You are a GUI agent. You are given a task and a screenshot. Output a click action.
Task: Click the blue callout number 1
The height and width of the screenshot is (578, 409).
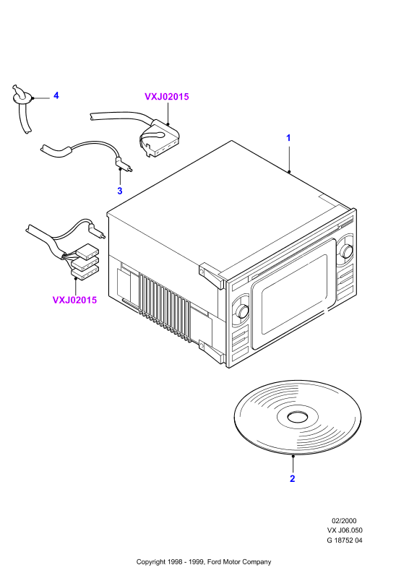coord(288,138)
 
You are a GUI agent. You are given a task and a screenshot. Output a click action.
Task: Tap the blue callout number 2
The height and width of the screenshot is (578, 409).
coord(293,478)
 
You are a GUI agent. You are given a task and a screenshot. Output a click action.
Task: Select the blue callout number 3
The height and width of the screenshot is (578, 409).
coord(119,191)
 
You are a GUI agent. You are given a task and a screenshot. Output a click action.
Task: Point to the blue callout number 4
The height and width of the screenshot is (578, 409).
coord(56,95)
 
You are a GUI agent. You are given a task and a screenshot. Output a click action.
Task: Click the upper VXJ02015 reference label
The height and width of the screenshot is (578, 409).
coord(166,97)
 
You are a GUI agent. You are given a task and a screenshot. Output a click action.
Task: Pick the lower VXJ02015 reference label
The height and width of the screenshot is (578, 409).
coord(74,300)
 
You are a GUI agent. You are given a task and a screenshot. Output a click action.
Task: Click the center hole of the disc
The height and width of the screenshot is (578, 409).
coord(297,417)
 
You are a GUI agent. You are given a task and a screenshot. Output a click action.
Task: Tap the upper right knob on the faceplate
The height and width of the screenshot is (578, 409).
coord(346,251)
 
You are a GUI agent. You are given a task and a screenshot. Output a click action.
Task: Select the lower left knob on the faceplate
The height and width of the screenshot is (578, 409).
coord(242,311)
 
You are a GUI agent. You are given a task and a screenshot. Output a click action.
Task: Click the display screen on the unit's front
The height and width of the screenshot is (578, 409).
coord(294,295)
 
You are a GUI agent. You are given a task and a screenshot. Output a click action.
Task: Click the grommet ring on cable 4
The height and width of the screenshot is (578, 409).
coord(23,98)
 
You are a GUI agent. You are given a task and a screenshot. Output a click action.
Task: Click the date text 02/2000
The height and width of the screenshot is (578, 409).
coord(344,521)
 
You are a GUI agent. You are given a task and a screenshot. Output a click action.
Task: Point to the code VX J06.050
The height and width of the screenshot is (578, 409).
coord(345,530)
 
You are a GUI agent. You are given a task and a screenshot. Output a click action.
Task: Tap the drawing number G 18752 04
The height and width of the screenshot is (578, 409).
coord(345,540)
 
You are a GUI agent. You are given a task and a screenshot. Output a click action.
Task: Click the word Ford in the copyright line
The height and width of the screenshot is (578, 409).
coord(215,562)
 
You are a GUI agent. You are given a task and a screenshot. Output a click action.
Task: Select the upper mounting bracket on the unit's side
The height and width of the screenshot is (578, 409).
coord(212,275)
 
